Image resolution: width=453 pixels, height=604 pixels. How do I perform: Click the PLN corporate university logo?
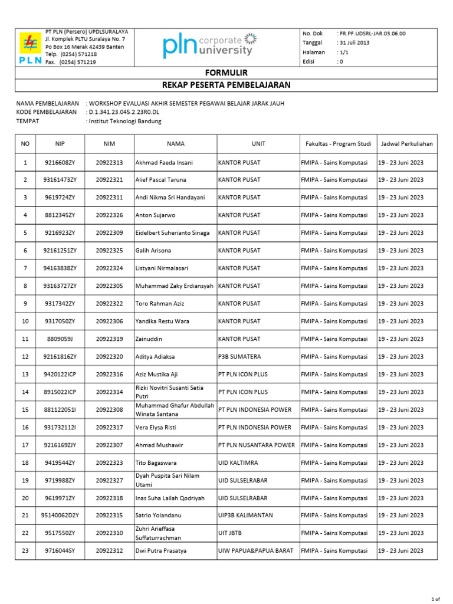(210, 45)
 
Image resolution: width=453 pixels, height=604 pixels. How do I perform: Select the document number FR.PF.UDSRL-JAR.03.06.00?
(372, 34)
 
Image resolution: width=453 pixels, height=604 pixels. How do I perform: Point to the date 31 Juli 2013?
(353, 43)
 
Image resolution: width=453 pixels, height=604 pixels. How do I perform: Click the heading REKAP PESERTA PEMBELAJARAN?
(226, 86)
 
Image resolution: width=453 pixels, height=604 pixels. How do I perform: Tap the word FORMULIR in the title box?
(226, 73)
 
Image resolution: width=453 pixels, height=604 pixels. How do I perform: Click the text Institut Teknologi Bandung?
(124, 122)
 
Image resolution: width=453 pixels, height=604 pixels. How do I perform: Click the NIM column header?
(109, 143)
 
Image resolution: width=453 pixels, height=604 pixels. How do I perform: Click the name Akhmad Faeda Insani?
(164, 162)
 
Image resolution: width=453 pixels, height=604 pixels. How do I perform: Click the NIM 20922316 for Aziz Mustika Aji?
(109, 375)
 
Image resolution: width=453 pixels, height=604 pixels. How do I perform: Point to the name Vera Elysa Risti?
(158, 428)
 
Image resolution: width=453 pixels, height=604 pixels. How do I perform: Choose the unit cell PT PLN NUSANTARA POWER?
(257, 445)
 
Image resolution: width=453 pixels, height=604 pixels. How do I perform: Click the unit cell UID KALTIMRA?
(238, 463)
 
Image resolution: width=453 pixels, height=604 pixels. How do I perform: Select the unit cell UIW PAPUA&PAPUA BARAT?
(257, 551)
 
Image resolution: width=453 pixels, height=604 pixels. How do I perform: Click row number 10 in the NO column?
(25, 321)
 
